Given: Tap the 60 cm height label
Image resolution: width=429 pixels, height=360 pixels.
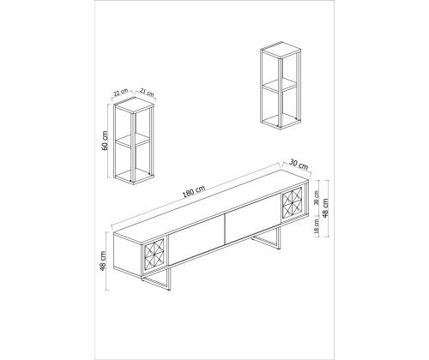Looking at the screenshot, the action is [105, 141].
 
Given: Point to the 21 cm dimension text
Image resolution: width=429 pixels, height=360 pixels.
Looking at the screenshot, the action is [147, 92].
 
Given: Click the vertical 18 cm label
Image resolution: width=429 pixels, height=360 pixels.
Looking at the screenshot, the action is [316, 227].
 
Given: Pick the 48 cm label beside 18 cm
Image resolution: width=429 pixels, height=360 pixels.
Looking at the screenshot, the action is [325, 207].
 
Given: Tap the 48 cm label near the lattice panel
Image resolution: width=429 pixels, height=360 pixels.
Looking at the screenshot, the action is [103, 261].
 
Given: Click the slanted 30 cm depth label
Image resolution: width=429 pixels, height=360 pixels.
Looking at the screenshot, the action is [299, 165].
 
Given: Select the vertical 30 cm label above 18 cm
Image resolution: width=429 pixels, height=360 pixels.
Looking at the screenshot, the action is [316, 198].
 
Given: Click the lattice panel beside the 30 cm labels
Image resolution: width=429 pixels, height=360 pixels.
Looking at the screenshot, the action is [293, 204].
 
